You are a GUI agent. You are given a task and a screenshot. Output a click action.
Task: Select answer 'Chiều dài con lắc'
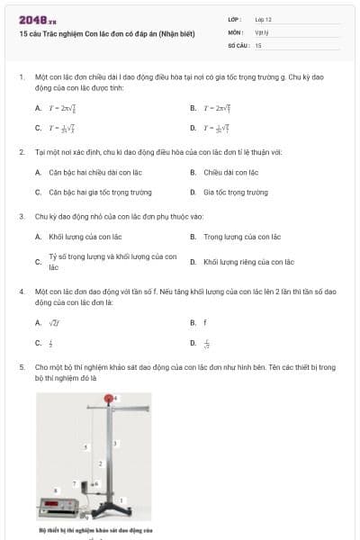click(230, 171)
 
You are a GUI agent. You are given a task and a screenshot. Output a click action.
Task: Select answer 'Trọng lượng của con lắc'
click(242, 236)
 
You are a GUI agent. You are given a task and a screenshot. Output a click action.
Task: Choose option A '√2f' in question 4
click(54, 321)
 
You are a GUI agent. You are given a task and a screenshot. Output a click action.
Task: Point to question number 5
click(21, 366)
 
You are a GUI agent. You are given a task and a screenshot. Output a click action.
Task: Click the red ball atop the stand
click(110, 398)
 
